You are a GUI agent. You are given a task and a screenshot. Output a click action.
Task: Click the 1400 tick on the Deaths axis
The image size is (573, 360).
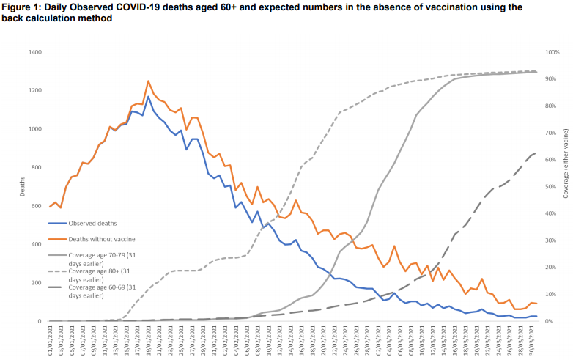34,52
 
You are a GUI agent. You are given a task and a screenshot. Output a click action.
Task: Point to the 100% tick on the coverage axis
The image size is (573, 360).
552,52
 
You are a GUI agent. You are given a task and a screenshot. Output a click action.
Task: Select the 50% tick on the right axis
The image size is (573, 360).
550,187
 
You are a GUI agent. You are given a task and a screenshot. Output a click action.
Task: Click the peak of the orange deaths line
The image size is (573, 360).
148,81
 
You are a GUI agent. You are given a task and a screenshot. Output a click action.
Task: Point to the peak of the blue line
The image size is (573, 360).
148,97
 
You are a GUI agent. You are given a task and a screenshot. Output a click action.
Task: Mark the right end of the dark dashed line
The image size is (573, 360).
535,153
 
